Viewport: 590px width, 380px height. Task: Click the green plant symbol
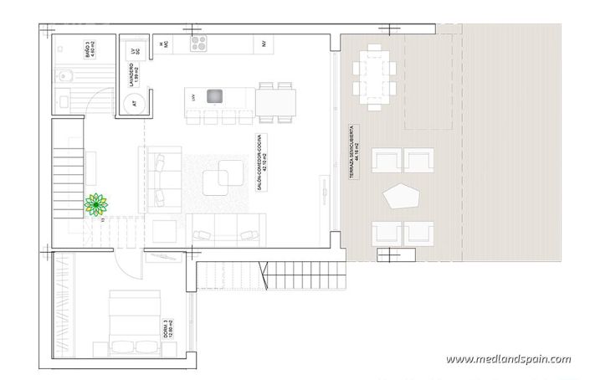95,204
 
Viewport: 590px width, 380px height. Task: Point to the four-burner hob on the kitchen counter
198,41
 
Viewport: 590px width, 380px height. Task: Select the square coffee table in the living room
223,177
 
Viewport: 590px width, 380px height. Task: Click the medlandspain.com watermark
508,360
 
